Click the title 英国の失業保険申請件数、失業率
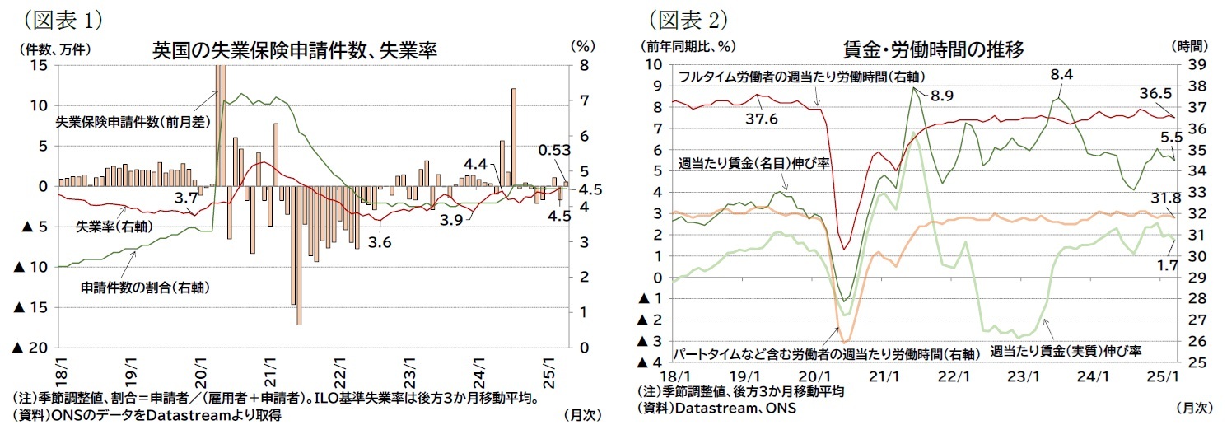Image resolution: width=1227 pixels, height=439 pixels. point(294,51)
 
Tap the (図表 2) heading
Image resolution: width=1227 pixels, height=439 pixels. point(683,16)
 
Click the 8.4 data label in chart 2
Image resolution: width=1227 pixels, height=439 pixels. point(1061,74)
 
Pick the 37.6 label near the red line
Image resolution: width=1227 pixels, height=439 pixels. point(762,119)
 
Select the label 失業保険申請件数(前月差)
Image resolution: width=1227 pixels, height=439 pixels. point(133,122)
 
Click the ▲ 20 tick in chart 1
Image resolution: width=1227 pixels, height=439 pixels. point(30,348)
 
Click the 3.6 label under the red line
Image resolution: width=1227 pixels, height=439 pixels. point(380,242)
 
